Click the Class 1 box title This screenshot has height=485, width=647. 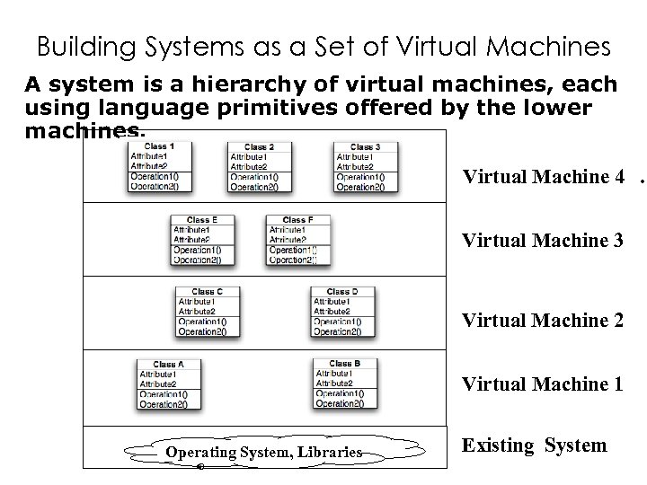pos(159,146)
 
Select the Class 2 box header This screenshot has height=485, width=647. pos(259,146)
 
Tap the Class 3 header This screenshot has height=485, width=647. pos(365,146)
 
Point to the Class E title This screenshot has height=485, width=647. pos(202,219)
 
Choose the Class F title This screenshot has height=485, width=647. pos(297,219)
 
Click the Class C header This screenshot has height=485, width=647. pos(207,291)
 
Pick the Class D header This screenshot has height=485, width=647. pos(342,291)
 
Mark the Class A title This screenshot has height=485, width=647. pos(168,364)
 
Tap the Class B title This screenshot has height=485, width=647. pos(345,363)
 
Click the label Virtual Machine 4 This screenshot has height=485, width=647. pos(543,177)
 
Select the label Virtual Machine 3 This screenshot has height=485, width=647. pos(543,241)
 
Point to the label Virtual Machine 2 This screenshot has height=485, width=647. pos(543,321)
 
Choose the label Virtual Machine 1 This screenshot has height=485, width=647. pos(543,384)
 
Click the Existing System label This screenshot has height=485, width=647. pos(535,445)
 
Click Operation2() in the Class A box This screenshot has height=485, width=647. pos(164,404)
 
